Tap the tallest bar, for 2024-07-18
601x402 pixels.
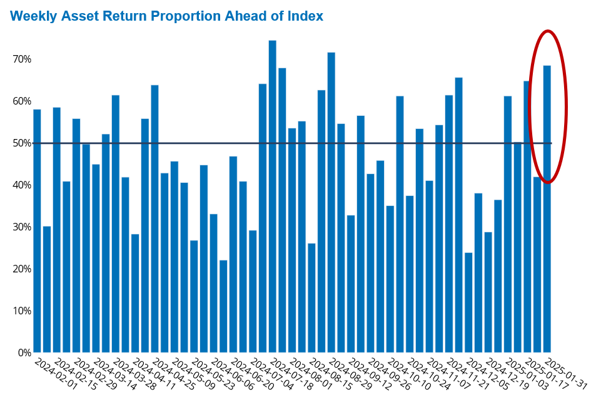pos(273,197)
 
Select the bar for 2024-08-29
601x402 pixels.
pos(331,202)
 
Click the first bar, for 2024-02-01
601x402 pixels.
pos(37,231)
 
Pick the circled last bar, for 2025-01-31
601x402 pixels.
pos(547,209)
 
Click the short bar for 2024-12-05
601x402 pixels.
pos(468,302)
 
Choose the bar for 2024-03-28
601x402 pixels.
pos(115,224)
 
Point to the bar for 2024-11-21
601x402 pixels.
pos(449,224)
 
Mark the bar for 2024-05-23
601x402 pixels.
pos(194,296)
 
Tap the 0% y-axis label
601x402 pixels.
pos(24,353)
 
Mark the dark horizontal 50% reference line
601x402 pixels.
pos(293,143)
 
